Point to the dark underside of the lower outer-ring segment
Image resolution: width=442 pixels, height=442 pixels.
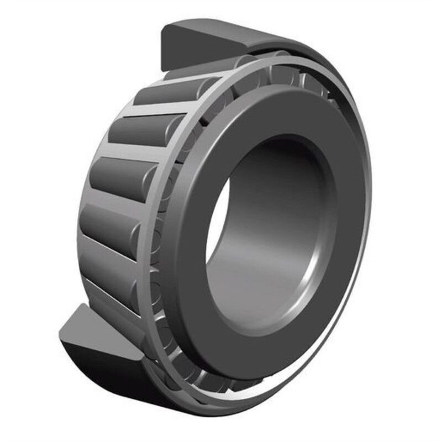click(x=110, y=381)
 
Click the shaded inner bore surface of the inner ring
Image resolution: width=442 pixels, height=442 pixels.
click(x=276, y=232)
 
